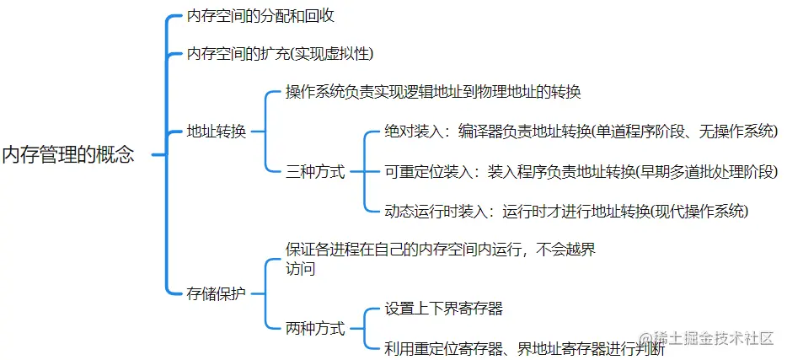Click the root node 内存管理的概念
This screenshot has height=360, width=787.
[x=68, y=155]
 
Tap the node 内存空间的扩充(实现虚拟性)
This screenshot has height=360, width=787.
[x=280, y=54]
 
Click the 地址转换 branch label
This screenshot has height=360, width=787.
[x=216, y=132]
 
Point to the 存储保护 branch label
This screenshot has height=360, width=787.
[x=216, y=293]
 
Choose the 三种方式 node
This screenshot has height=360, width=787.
[x=316, y=171]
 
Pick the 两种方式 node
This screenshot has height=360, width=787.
[x=316, y=329]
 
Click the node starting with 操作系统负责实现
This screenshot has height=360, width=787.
[x=433, y=92]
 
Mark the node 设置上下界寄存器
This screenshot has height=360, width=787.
[x=444, y=309]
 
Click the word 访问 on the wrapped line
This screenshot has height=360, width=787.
[x=301, y=270]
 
